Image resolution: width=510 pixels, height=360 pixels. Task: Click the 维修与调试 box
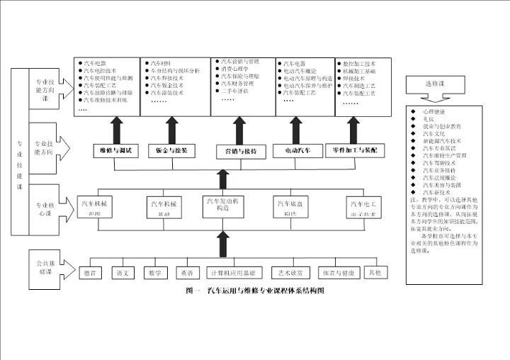click(x=114, y=151)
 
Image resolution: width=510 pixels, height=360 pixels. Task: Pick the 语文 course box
click(x=123, y=272)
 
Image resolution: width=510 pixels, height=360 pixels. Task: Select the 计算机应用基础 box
click(x=227, y=272)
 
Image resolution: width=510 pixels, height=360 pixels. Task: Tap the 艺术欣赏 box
click(x=290, y=272)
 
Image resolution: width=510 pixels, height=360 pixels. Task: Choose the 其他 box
click(x=377, y=272)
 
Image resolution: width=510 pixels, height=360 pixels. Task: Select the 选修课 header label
click(x=434, y=84)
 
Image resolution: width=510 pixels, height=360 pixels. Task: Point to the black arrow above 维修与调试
click(x=114, y=131)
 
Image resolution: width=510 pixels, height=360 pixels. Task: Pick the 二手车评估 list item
click(x=237, y=91)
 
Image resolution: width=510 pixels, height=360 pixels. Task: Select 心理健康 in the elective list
click(x=434, y=113)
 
